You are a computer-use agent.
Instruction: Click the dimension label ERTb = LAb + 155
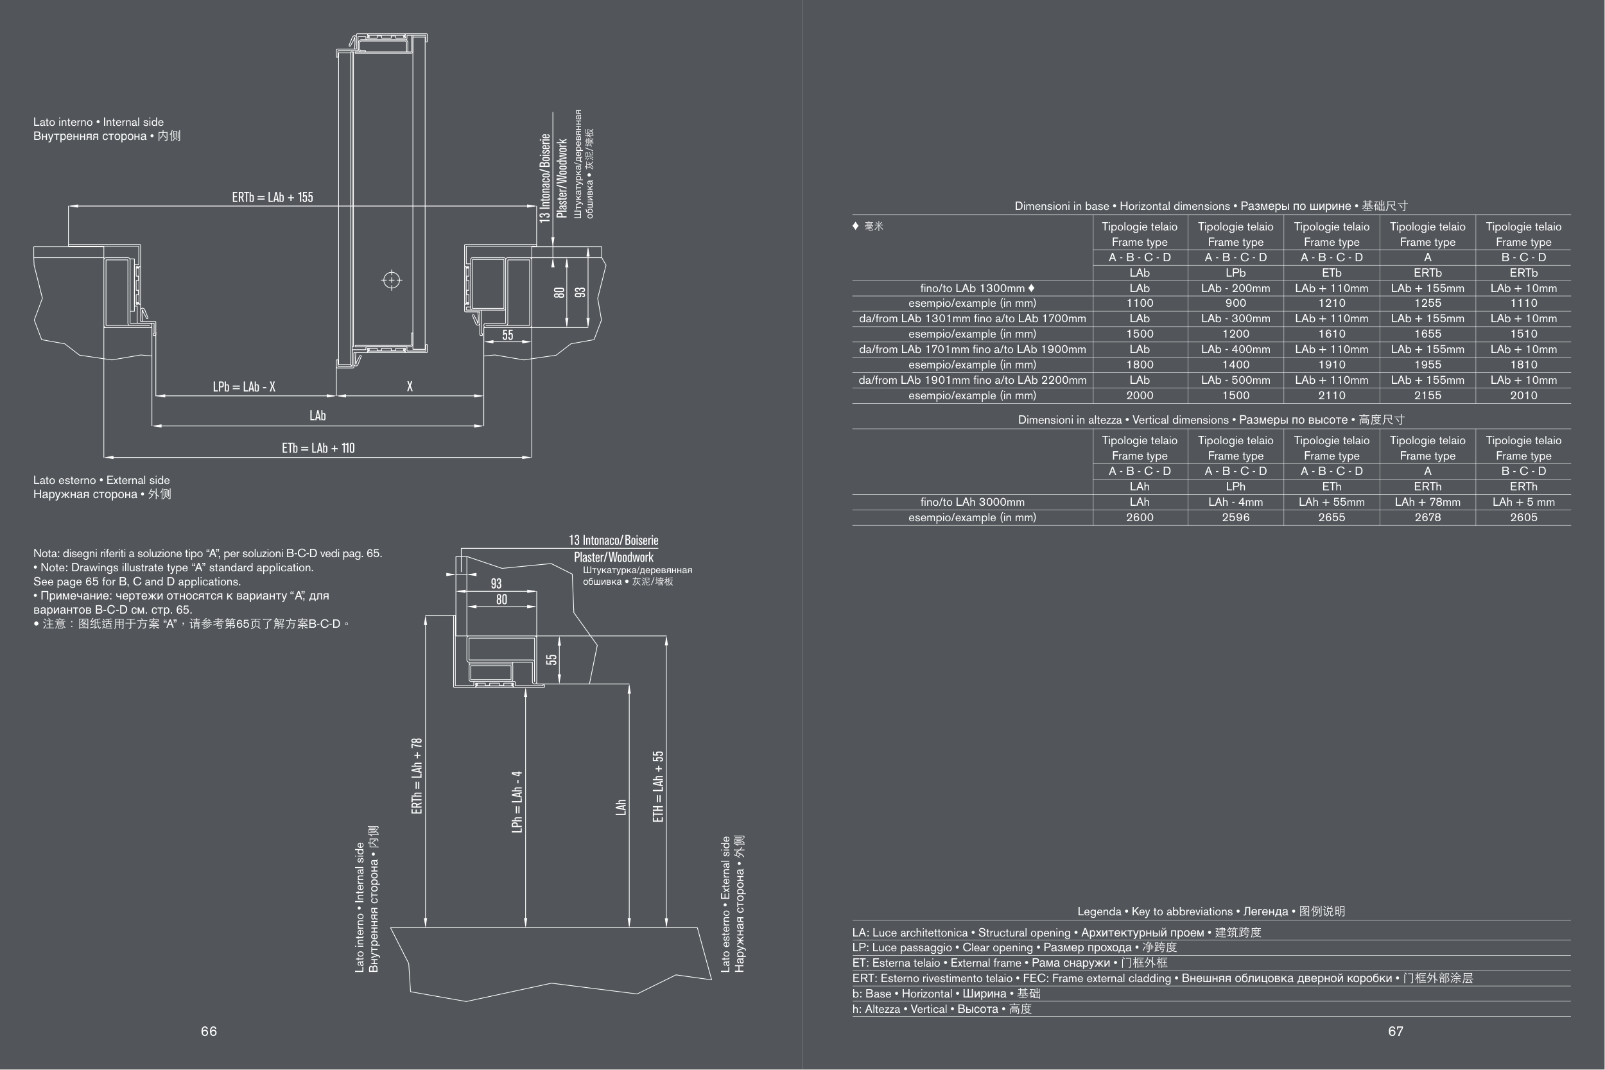pyautogui.click(x=272, y=197)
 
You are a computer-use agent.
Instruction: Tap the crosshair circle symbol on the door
pyautogui.click(x=392, y=280)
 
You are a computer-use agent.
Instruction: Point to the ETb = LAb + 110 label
pyautogui.click(x=318, y=448)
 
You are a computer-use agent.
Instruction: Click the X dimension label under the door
pyautogui.click(x=410, y=386)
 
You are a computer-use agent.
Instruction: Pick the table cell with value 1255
pyautogui.click(x=1427, y=303)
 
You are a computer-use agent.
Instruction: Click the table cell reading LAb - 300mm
pyautogui.click(x=1235, y=318)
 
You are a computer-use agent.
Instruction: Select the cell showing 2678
pyautogui.click(x=1427, y=517)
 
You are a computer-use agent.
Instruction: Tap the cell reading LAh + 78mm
pyautogui.click(x=1427, y=502)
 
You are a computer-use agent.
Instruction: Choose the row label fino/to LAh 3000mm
pyautogui.click(x=972, y=502)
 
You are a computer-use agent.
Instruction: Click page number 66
pyautogui.click(x=209, y=1031)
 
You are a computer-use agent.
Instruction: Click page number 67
pyautogui.click(x=1396, y=1031)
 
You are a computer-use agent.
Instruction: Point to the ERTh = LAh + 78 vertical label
pyautogui.click(x=417, y=776)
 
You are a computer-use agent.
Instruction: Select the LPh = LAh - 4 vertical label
pyautogui.click(x=517, y=802)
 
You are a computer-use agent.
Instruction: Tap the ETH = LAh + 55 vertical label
pyautogui.click(x=658, y=786)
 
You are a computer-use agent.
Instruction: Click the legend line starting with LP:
pyautogui.click(x=1014, y=948)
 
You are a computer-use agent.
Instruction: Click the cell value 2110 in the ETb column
pyautogui.click(x=1332, y=396)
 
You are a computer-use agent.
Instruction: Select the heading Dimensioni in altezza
pyautogui.click(x=1211, y=420)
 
